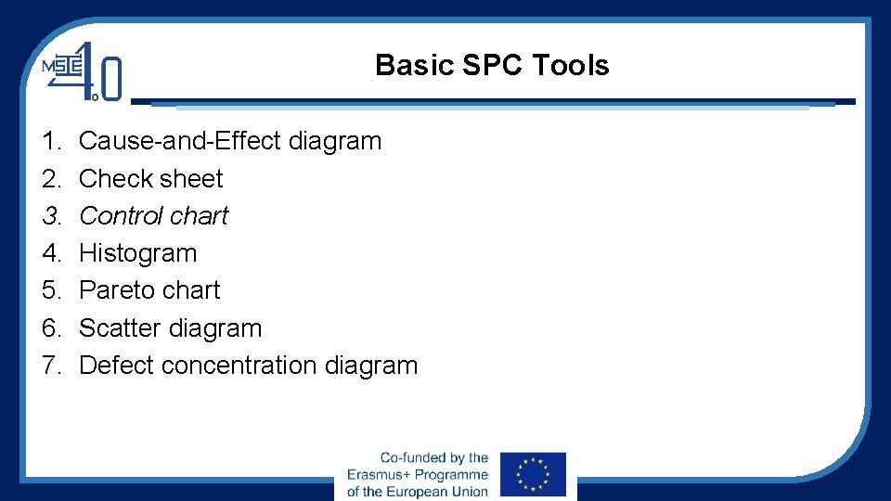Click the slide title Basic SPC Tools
click(x=492, y=65)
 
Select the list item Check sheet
click(x=150, y=178)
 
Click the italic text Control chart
click(x=153, y=215)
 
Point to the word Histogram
click(x=137, y=252)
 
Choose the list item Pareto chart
click(x=148, y=289)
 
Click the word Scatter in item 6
click(x=121, y=328)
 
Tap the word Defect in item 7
click(x=116, y=365)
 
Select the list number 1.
click(x=50, y=141)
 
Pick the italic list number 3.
click(x=50, y=215)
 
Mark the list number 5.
click(x=50, y=289)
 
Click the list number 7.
click(x=50, y=365)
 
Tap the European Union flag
click(x=533, y=475)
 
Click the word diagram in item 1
click(x=335, y=141)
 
